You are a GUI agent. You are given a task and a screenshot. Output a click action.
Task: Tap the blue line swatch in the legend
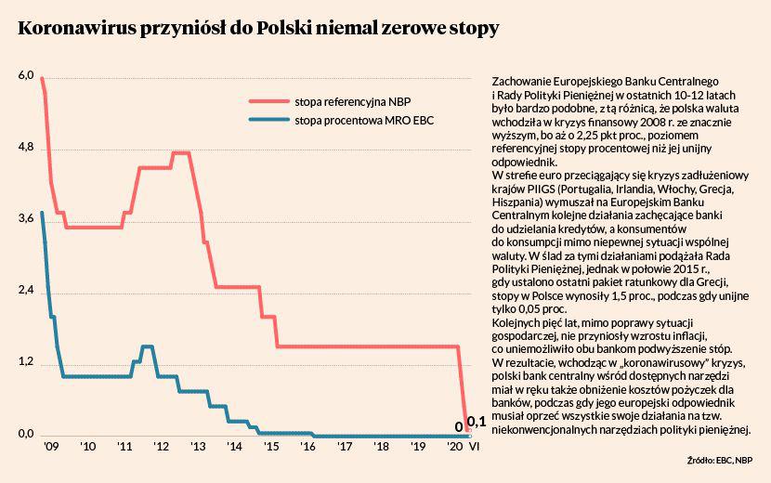[x=268, y=121]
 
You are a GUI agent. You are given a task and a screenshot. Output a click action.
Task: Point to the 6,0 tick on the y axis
[x=25, y=75]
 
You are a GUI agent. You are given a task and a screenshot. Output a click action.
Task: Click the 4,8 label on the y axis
[x=25, y=148]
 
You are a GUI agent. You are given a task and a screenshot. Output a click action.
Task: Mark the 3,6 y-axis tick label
[x=25, y=219]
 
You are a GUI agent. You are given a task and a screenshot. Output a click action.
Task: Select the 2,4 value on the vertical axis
[x=25, y=292]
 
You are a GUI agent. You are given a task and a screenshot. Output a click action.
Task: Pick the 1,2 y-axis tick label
[x=25, y=363]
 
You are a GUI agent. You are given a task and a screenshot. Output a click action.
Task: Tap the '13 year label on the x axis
[x=197, y=447]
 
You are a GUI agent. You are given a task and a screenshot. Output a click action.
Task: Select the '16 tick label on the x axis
[x=307, y=447]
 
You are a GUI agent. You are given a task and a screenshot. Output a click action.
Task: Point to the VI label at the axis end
[x=474, y=447]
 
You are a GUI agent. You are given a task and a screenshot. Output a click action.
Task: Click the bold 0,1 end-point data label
[x=477, y=423]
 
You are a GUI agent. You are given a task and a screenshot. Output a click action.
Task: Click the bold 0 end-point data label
[x=458, y=427]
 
